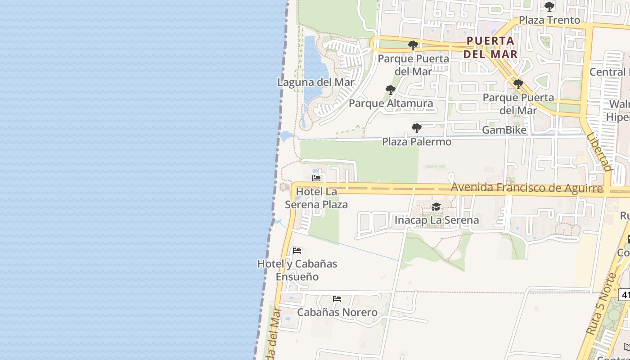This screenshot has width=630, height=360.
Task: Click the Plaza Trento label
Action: pyautogui.click(x=549, y=20)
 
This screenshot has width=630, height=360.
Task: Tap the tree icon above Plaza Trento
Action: pyautogui.click(x=549, y=7)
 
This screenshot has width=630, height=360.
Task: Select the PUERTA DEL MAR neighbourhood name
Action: pyautogui.click(x=490, y=47)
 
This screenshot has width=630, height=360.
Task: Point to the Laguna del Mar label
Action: pyautogui.click(x=315, y=82)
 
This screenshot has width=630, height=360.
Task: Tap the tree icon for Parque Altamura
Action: pyautogui.click(x=391, y=90)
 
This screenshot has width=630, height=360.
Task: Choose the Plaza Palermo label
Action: pyautogui.click(x=416, y=142)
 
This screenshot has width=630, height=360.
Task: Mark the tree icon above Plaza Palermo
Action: pyautogui.click(x=417, y=128)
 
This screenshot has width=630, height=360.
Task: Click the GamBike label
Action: pyautogui.click(x=504, y=130)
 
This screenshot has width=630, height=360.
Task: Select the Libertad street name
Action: pyautogui.click(x=600, y=152)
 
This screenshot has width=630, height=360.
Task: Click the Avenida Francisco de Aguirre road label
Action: pyautogui.click(x=526, y=188)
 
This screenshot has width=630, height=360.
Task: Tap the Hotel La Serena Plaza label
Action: pyautogui.click(x=316, y=198)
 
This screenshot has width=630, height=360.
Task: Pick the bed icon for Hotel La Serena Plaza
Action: pyautogui.click(x=316, y=178)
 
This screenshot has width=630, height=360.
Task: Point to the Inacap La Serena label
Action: pyautogui.click(x=436, y=220)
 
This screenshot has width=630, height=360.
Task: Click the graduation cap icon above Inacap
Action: pyautogui.click(x=436, y=207)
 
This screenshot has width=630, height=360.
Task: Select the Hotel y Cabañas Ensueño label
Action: pyautogui.click(x=297, y=270)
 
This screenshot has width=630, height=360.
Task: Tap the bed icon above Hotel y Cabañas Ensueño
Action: pyautogui.click(x=297, y=250)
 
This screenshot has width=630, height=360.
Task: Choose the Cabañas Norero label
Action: pyautogui.click(x=337, y=312)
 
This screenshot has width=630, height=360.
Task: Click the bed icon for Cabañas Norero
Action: pyautogui.click(x=337, y=299)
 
